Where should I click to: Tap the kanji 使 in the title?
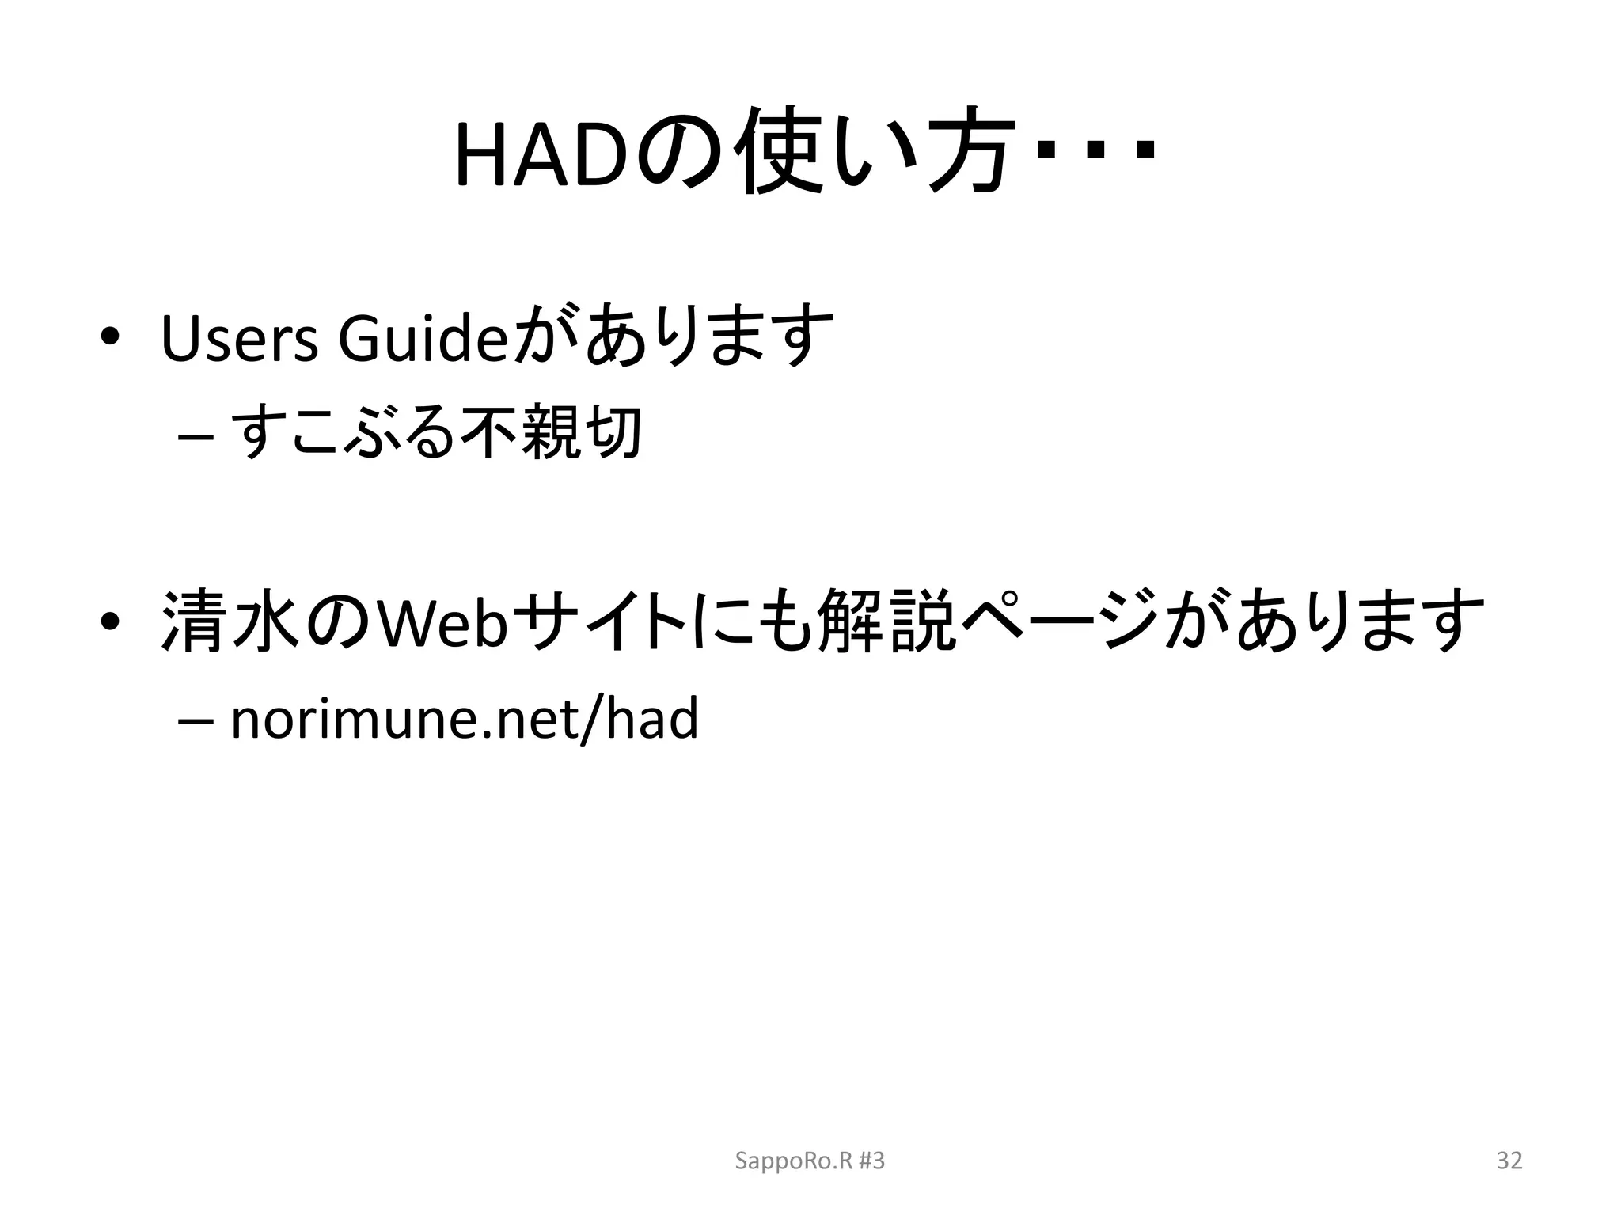pos(781,152)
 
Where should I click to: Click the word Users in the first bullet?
pos(239,339)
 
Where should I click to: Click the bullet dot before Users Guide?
pos(109,337)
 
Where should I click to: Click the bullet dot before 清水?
pos(109,622)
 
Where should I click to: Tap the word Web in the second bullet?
pos(442,622)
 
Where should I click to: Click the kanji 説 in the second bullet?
pos(920,622)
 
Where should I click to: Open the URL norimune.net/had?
pos(464,719)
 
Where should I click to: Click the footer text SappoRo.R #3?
pos(810,1161)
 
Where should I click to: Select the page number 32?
pos(1509,1161)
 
